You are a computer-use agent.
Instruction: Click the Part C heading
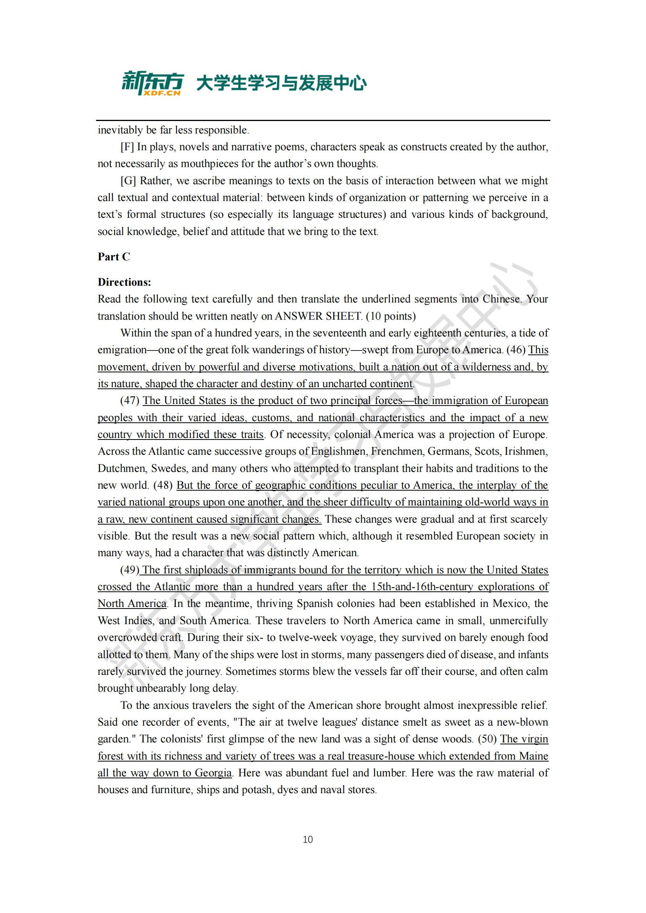(114, 257)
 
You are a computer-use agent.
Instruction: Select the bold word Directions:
(125, 282)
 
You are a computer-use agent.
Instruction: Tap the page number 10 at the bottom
(307, 840)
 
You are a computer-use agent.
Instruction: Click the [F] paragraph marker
(127, 147)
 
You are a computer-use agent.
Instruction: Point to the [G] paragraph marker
(128, 181)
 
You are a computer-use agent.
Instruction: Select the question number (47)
(130, 400)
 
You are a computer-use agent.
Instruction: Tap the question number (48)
(163, 485)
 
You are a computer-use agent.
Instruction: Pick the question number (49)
(130, 570)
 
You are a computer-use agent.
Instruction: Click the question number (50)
(487, 739)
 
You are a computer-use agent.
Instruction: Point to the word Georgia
(213, 772)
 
